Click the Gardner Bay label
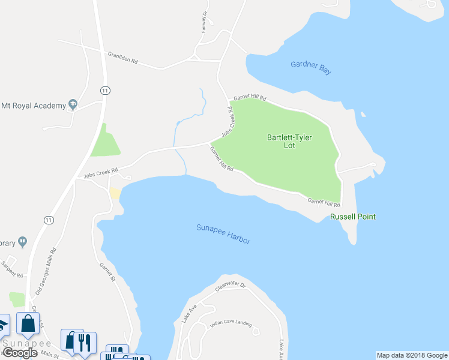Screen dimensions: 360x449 coord(310,68)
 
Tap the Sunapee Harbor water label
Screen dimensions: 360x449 coord(223,233)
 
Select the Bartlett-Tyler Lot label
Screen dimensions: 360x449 coord(290,141)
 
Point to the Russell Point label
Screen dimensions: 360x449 coord(353,217)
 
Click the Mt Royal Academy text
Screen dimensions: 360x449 coord(33,106)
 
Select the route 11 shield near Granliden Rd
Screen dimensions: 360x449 coord(105,90)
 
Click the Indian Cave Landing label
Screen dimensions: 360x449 coord(231,324)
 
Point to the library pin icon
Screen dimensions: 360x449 coord(23,242)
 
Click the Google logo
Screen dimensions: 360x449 coord(19,353)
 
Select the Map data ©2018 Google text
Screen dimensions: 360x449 coord(412,355)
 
